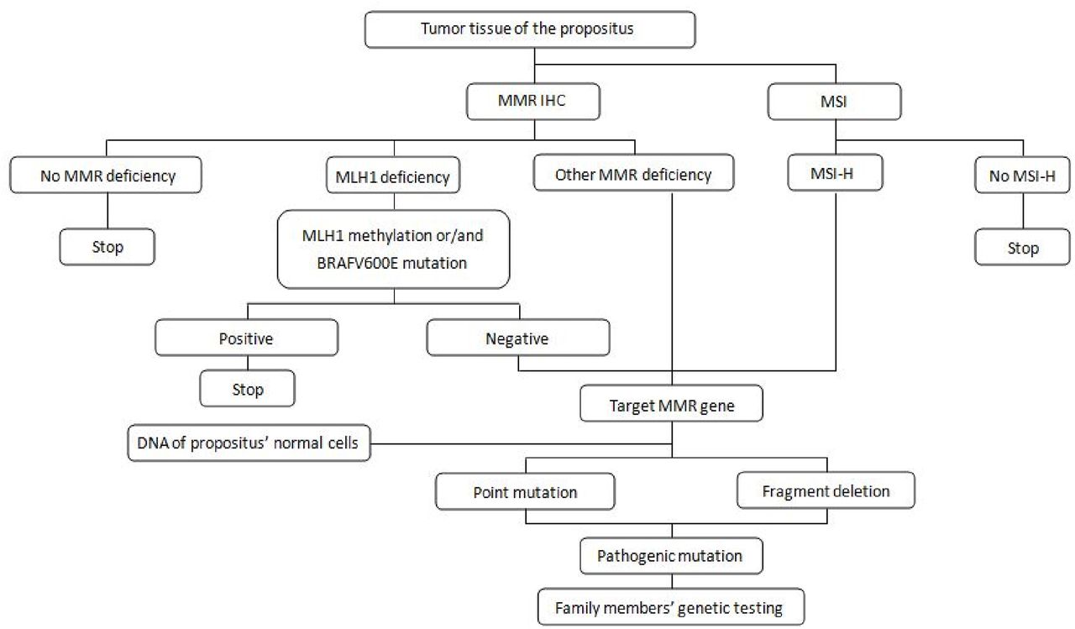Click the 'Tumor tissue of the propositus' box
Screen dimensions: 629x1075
coord(530,29)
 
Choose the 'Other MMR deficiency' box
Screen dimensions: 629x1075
coord(633,175)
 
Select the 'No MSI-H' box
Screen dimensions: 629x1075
coord(1021,177)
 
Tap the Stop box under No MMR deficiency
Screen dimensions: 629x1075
coord(106,248)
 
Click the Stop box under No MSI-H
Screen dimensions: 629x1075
coord(1021,248)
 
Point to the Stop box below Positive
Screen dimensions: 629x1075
coord(247,389)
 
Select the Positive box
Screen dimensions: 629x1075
coord(247,339)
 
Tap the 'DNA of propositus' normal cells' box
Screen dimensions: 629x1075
coord(249,443)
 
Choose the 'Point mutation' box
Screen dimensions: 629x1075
coord(526,491)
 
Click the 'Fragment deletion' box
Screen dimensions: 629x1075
coord(826,491)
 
